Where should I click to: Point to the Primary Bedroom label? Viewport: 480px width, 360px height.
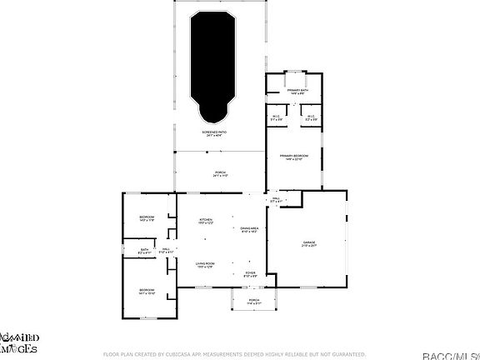click(x=295, y=156)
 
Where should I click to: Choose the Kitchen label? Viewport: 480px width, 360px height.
click(x=206, y=219)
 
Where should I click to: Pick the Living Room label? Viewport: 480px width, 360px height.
click(x=205, y=263)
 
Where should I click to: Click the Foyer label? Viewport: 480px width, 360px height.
click(x=250, y=272)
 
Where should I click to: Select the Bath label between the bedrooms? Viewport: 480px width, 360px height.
click(x=143, y=248)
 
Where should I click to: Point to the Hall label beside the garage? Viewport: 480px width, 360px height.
click(x=276, y=198)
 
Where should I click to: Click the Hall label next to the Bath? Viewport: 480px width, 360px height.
click(x=165, y=248)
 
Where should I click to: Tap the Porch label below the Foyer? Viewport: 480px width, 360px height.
click(x=254, y=300)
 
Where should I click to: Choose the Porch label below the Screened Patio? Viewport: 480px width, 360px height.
click(x=220, y=172)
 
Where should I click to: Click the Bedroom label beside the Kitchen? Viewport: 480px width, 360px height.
click(x=147, y=217)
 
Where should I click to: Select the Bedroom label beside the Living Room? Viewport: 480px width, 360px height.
click(x=147, y=289)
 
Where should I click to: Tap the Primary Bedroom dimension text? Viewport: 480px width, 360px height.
click(x=295, y=160)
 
